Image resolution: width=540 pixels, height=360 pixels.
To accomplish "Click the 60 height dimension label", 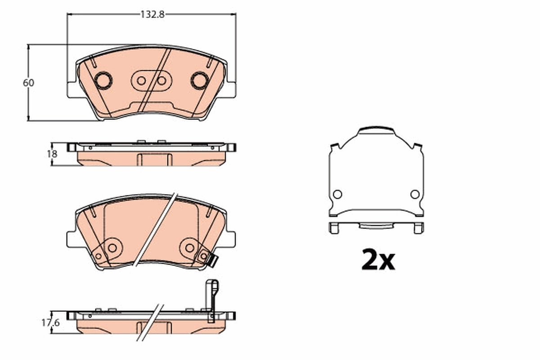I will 28,83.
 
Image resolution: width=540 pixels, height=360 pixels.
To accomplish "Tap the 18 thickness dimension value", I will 52,154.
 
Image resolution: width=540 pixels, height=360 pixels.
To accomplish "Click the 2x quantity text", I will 378,260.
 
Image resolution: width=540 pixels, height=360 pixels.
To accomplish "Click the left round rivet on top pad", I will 103,80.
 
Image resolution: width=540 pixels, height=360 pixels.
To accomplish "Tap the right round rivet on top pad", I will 199,80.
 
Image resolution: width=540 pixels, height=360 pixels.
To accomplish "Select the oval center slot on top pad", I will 151,81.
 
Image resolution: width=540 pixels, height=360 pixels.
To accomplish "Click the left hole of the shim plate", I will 337,194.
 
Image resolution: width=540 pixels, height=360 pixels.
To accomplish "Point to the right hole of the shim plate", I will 415,194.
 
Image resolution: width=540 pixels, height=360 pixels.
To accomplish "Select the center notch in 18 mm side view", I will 154,160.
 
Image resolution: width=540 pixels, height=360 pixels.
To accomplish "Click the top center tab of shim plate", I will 376,131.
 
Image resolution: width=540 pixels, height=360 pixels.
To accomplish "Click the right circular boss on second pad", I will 190,247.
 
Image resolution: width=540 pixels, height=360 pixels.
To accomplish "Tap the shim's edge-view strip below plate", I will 376,226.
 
